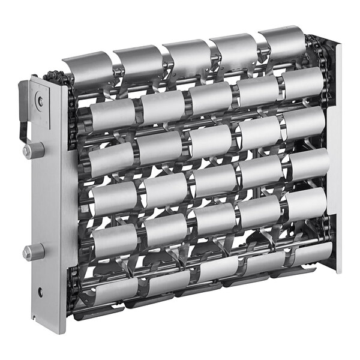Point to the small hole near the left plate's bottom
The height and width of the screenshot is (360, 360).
click(x=40, y=292)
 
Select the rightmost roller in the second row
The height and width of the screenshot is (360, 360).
click(x=303, y=83)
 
